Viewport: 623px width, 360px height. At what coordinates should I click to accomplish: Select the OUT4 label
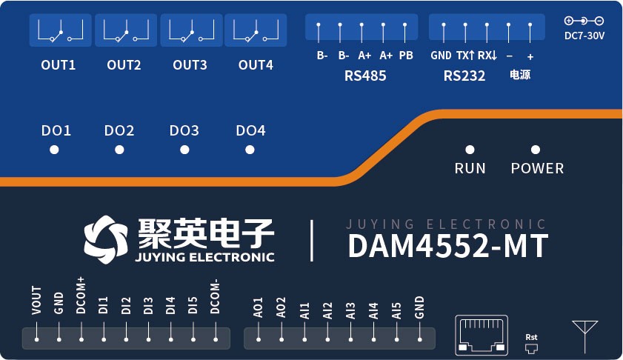(256, 65)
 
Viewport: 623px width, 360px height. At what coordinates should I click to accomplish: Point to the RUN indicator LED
(470, 150)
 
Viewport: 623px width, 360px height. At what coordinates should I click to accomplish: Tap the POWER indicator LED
(536, 150)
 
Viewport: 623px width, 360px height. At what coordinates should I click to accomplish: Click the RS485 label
(365, 76)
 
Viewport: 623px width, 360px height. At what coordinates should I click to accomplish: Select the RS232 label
(464, 76)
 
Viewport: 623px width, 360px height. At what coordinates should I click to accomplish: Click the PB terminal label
(406, 56)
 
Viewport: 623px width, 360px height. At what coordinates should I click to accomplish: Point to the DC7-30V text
(584, 35)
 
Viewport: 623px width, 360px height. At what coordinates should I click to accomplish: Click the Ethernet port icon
(482, 333)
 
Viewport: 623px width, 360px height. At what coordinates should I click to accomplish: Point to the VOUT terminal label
(36, 303)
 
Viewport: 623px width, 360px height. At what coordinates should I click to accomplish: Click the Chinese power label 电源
(520, 75)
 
